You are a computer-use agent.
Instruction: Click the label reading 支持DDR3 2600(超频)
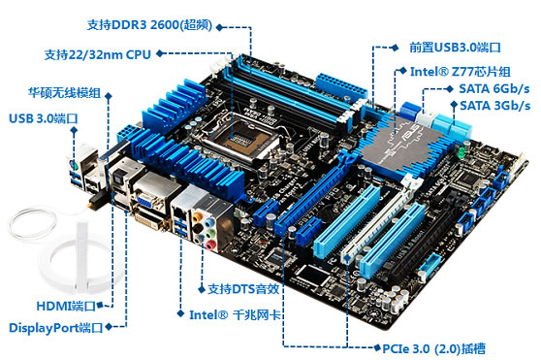[149, 25]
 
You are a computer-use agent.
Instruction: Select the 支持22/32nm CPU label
[98, 54]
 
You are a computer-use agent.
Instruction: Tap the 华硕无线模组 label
[64, 92]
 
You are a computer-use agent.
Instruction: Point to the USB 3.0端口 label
[43, 118]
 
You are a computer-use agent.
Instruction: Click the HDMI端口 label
[66, 306]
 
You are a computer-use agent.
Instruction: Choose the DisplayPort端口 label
[55, 328]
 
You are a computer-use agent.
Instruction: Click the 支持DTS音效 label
[243, 289]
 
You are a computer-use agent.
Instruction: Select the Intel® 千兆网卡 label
[235, 314]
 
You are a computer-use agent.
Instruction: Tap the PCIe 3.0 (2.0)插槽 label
[433, 348]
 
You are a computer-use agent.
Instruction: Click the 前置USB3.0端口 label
[455, 47]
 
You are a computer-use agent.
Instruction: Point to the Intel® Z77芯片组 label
[461, 72]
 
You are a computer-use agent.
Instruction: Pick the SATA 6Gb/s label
[494, 88]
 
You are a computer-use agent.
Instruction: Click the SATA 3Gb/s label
[494, 105]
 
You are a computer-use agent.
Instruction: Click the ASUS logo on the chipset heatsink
[410, 135]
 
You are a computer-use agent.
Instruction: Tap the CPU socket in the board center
[239, 138]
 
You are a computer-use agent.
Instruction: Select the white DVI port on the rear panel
[149, 219]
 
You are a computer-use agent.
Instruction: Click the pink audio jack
[210, 245]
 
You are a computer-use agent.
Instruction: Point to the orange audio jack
[197, 217]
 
